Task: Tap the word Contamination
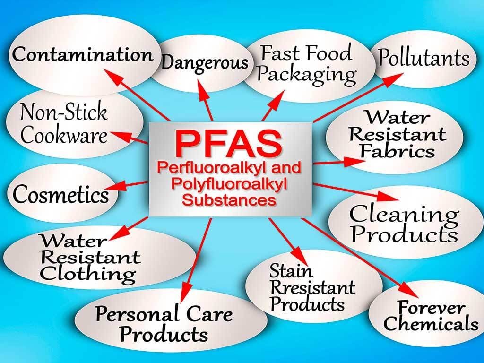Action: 83,54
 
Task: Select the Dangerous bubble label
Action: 205,62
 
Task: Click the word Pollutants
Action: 423,59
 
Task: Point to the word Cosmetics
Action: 60,194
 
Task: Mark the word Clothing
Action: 88,274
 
